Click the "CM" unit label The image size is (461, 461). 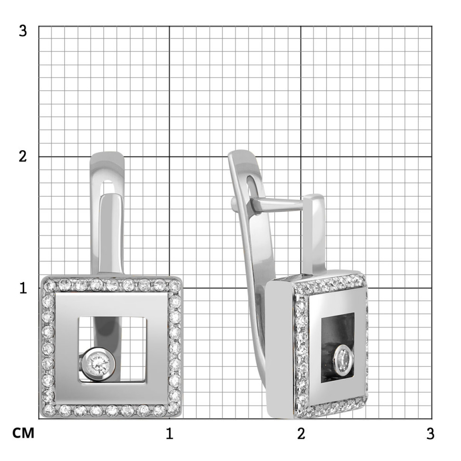point(23,433)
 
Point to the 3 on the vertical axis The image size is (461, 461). point(23,30)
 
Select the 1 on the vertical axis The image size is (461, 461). point(23,288)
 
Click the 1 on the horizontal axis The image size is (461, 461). point(169,433)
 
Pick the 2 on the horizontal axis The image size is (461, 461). point(301,433)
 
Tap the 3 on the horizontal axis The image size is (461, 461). point(431,433)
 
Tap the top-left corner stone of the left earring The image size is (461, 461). point(49,285)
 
